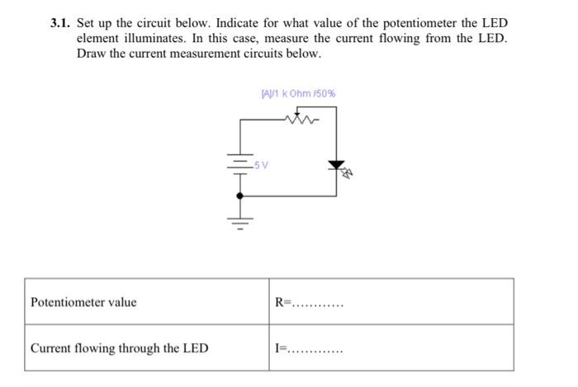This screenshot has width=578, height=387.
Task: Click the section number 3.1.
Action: (62, 23)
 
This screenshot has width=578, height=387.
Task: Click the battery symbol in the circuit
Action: (240, 165)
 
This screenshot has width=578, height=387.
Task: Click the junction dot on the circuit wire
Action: (240, 196)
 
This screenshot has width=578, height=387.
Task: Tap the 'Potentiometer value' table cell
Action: (83, 302)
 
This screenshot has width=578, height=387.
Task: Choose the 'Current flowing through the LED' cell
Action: (119, 348)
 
